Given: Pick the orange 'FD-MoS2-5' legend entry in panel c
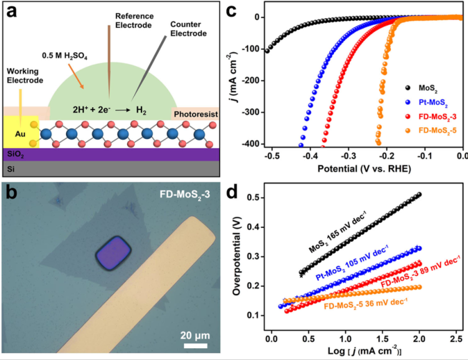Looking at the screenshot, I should pos(434,130).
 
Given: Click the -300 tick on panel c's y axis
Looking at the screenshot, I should pos(251,112).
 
